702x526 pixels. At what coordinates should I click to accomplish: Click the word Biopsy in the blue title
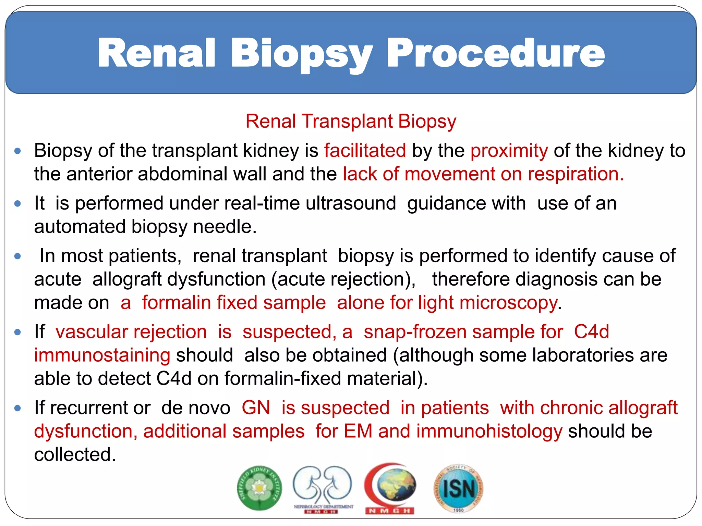point(302,54)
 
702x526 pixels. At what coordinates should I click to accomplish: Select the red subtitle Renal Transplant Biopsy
point(351,121)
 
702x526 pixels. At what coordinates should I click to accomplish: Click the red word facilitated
point(365,151)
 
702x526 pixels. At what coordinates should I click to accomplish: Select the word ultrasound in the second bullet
point(351,203)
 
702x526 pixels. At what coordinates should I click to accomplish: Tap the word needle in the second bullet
point(225,227)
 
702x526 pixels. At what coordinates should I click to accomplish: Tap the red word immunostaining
point(102,355)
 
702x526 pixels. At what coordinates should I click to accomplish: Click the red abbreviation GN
point(256,408)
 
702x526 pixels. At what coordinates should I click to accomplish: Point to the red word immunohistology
point(489,431)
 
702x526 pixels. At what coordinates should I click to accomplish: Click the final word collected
point(75,455)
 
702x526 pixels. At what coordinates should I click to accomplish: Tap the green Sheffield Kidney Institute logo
point(259,488)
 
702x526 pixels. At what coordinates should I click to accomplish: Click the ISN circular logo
point(458,488)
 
